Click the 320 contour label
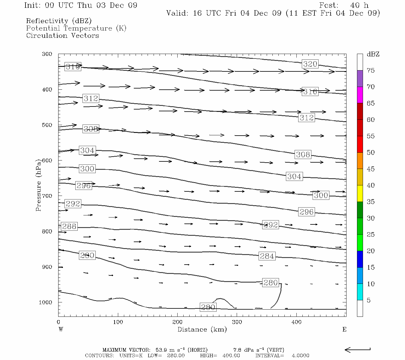coord(310,64)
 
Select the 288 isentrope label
coord(69,226)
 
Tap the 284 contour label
coord(267,256)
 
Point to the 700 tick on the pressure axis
coord(47,196)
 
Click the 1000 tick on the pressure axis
coord(45,302)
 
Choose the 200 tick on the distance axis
coord(177,322)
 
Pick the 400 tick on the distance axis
coord(296,322)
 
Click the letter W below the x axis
coord(61,329)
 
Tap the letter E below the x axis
coord(344,329)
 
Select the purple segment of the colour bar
coord(360,79)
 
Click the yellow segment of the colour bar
coord(360,193)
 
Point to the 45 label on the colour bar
coord(370,169)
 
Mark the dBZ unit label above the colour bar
coord(373,54)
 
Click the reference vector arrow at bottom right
coord(357,350)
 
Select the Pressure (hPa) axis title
coord(38,184)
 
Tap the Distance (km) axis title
coord(202,329)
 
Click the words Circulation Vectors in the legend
coord(62,35)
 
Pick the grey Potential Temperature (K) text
coord(76,28)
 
